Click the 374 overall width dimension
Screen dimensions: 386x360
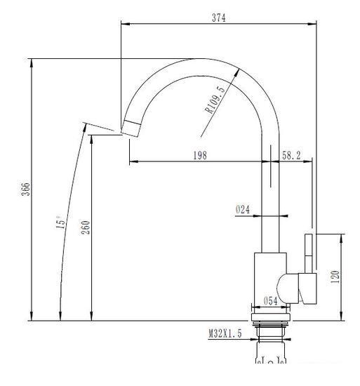click(x=218, y=18)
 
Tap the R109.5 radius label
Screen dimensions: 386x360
click(x=214, y=99)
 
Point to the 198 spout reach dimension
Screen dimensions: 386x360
click(x=199, y=156)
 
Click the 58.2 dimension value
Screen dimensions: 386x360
click(x=291, y=156)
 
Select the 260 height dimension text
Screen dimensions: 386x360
click(x=86, y=229)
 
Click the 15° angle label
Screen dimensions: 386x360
click(x=61, y=222)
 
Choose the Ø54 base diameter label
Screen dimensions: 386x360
click(x=272, y=301)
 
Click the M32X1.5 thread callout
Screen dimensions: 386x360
click(x=225, y=335)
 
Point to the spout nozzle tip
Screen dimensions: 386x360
click(x=131, y=128)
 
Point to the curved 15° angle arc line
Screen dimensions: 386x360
click(x=72, y=211)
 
